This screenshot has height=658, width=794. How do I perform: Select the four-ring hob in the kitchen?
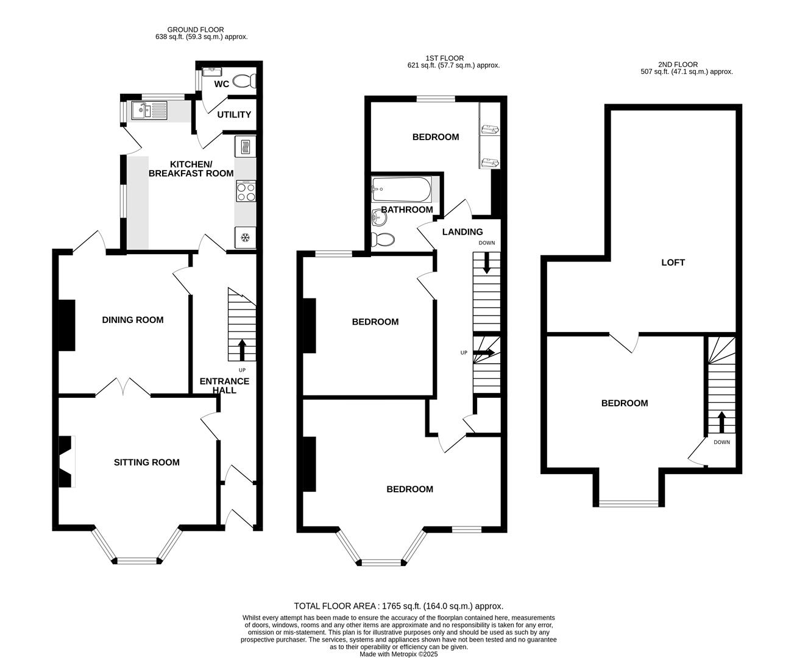click(246, 192)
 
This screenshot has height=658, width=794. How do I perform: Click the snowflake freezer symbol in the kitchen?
click(246, 237)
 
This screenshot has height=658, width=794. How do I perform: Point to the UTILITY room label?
click(234, 115)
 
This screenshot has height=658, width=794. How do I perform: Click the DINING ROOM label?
click(132, 320)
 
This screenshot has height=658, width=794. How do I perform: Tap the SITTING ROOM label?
click(147, 462)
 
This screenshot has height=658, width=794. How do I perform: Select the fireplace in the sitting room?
click(66, 462)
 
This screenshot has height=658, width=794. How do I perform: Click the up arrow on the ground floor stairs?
click(241, 350)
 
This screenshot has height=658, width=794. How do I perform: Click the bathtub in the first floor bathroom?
click(402, 189)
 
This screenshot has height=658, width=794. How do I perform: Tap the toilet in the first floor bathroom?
click(383, 239)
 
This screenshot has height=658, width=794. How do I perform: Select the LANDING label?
click(463, 232)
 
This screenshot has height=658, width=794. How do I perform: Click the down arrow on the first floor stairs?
click(487, 264)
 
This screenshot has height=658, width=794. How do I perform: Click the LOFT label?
click(673, 263)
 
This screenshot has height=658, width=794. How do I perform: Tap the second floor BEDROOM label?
click(625, 403)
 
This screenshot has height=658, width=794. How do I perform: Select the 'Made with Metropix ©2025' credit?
click(399, 654)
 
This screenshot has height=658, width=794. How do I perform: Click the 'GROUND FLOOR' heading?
click(196, 29)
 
